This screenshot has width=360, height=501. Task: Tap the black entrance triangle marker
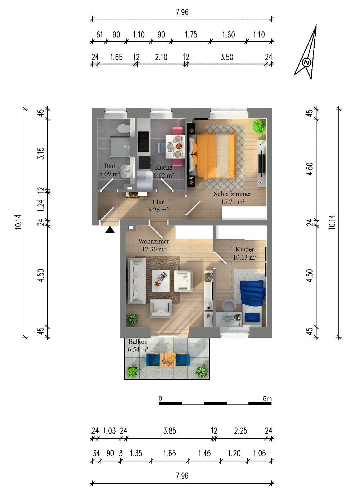click(x=110, y=230)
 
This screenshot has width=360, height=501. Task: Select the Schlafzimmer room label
click(x=232, y=194)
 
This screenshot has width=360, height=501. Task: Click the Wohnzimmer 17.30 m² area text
click(x=154, y=249)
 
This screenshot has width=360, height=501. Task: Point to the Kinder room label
click(x=245, y=249)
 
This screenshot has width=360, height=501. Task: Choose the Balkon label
click(x=138, y=341)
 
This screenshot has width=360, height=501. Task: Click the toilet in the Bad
click(x=123, y=129)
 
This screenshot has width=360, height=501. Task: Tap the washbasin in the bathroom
click(x=127, y=171)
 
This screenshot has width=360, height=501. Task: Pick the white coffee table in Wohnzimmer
click(x=161, y=281)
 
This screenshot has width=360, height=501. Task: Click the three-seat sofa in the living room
click(x=136, y=281)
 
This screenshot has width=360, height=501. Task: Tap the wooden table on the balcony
click(x=167, y=360)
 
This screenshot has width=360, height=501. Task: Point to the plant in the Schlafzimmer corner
click(x=259, y=127)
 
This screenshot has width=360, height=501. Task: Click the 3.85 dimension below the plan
click(x=170, y=430)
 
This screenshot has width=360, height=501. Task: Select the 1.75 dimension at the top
click(x=191, y=35)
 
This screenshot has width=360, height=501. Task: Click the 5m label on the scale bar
click(x=267, y=399)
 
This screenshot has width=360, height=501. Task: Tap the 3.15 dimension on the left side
click(x=41, y=153)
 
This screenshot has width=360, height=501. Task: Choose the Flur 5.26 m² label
click(x=158, y=206)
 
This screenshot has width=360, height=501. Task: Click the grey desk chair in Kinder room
click(x=229, y=305)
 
